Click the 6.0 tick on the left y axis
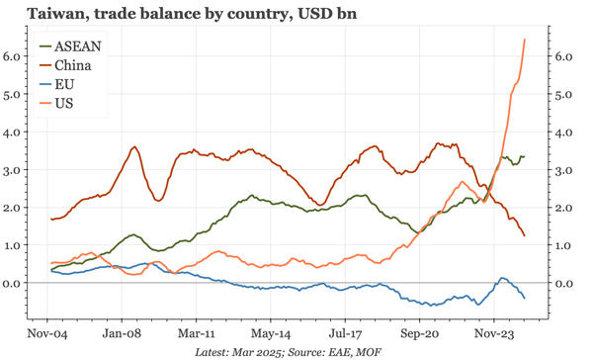(13, 57)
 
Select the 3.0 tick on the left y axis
(13, 170)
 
